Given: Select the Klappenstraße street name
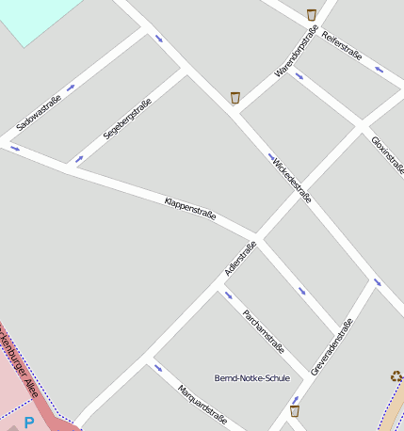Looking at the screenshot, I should tap(190, 208).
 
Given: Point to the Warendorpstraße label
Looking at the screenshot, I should tap(296, 47).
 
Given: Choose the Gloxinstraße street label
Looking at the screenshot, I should tap(387, 151).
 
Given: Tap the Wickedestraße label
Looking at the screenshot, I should tap(291, 178).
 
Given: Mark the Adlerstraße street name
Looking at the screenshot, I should tap(240, 259).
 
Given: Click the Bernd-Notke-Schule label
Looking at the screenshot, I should tap(252, 377).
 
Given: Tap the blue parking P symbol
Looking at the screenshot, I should tap(29, 423).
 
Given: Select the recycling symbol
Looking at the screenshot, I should tap(396, 376).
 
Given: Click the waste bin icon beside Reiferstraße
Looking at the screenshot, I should tap(312, 14).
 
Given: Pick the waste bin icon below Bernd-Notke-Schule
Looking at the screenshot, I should tap(295, 410).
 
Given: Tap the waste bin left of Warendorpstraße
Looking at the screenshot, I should tap(235, 97).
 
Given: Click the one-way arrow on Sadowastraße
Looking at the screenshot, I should tap(71, 88).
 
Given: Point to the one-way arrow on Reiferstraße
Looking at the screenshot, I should tap(379, 69).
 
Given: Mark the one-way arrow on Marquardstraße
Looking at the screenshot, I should tap(157, 368).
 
